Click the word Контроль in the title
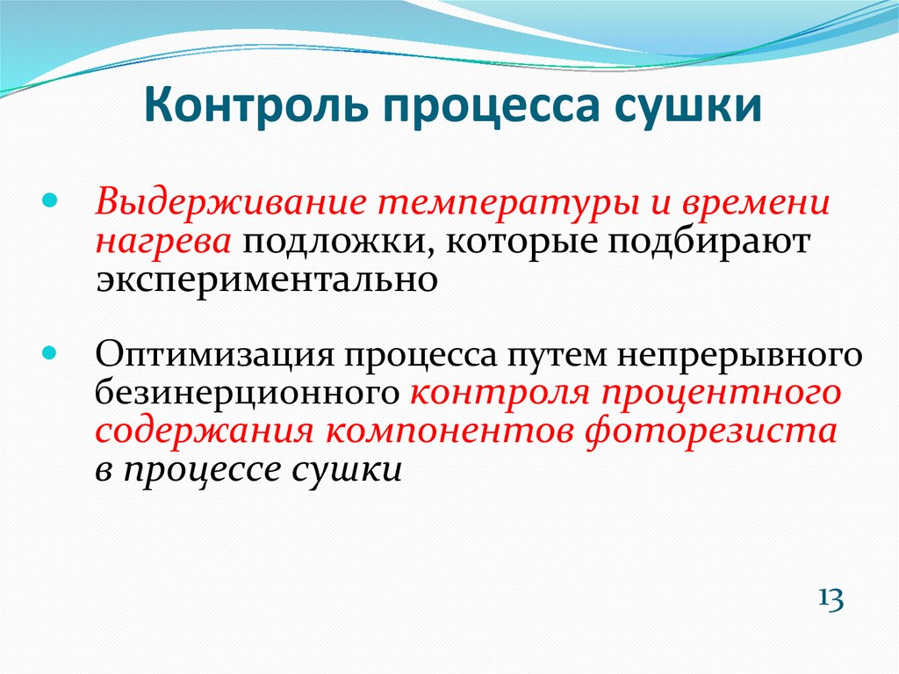255,105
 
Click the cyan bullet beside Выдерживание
50,201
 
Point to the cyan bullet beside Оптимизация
50,352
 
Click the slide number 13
831,599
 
